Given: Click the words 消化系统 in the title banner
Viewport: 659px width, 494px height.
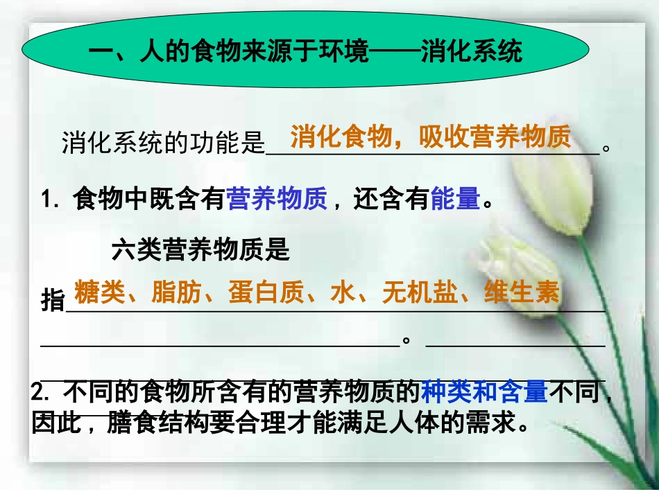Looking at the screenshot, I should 472,52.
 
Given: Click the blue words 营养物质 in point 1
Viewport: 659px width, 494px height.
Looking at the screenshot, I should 277,200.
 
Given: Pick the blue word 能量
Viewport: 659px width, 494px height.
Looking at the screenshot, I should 455,200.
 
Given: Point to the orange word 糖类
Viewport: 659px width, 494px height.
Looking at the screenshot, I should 99,293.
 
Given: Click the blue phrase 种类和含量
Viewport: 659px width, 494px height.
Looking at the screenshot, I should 484,393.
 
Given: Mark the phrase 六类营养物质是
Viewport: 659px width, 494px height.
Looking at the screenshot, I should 200,250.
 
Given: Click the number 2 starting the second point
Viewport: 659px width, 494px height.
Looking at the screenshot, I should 38,394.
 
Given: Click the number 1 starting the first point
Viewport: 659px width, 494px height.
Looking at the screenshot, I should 47,200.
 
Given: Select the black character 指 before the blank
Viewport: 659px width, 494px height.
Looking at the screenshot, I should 53,302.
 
